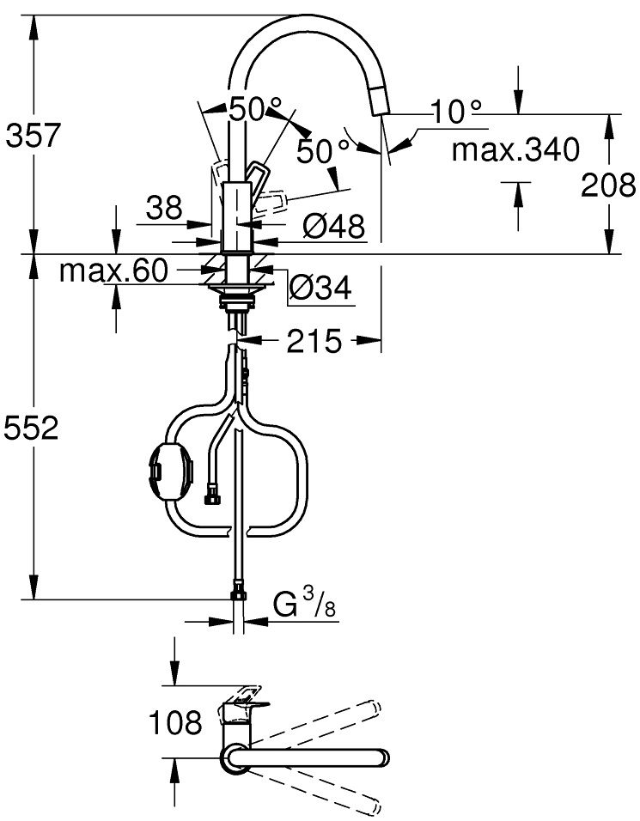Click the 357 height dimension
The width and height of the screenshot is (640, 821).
tap(33, 135)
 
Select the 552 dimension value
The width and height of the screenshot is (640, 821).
tap(33, 428)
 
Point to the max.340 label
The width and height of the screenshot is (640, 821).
tap(515, 150)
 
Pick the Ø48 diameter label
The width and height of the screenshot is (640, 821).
tap(333, 227)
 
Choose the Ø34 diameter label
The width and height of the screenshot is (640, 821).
tap(320, 289)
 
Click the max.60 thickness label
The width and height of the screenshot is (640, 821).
tap(112, 272)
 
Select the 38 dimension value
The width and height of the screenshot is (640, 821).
tap(163, 207)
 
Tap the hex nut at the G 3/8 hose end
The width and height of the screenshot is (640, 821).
tap(238, 593)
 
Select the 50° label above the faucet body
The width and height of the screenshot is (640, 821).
tap(255, 109)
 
